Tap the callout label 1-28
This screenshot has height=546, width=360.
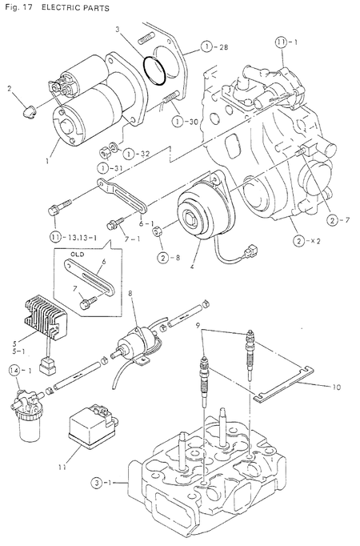pyautogui.click(x=208, y=48)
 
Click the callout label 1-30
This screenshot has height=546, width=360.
pyautogui.click(x=182, y=120)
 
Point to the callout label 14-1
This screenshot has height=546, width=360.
pyautogui.click(x=20, y=370)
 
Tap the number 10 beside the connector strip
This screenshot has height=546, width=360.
pyautogui.click(x=334, y=387)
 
